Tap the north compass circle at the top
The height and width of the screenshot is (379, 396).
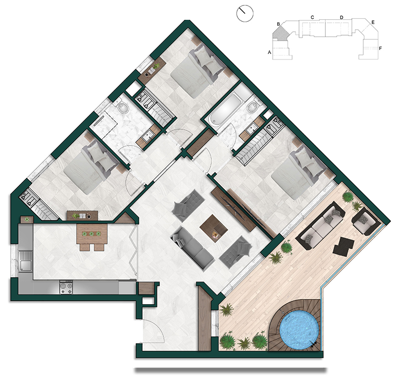pyautogui.click(x=245, y=14)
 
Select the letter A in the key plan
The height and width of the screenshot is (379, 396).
pyautogui.click(x=269, y=53)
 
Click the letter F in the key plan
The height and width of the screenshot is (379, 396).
pyautogui.click(x=380, y=48)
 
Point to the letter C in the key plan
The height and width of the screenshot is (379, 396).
pyautogui.click(x=312, y=17)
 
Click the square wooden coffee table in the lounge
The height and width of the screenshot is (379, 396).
pyautogui.click(x=214, y=228)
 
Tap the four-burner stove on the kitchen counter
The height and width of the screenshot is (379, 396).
pyautogui.click(x=66, y=287)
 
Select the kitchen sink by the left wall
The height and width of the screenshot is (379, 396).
pyautogui.click(x=26, y=262)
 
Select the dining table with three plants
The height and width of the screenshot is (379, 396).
pyautogui.click(x=92, y=234)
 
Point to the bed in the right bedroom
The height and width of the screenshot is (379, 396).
pyautogui.click(x=298, y=173)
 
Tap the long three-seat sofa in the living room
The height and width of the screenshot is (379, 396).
pyautogui.click(x=193, y=248)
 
